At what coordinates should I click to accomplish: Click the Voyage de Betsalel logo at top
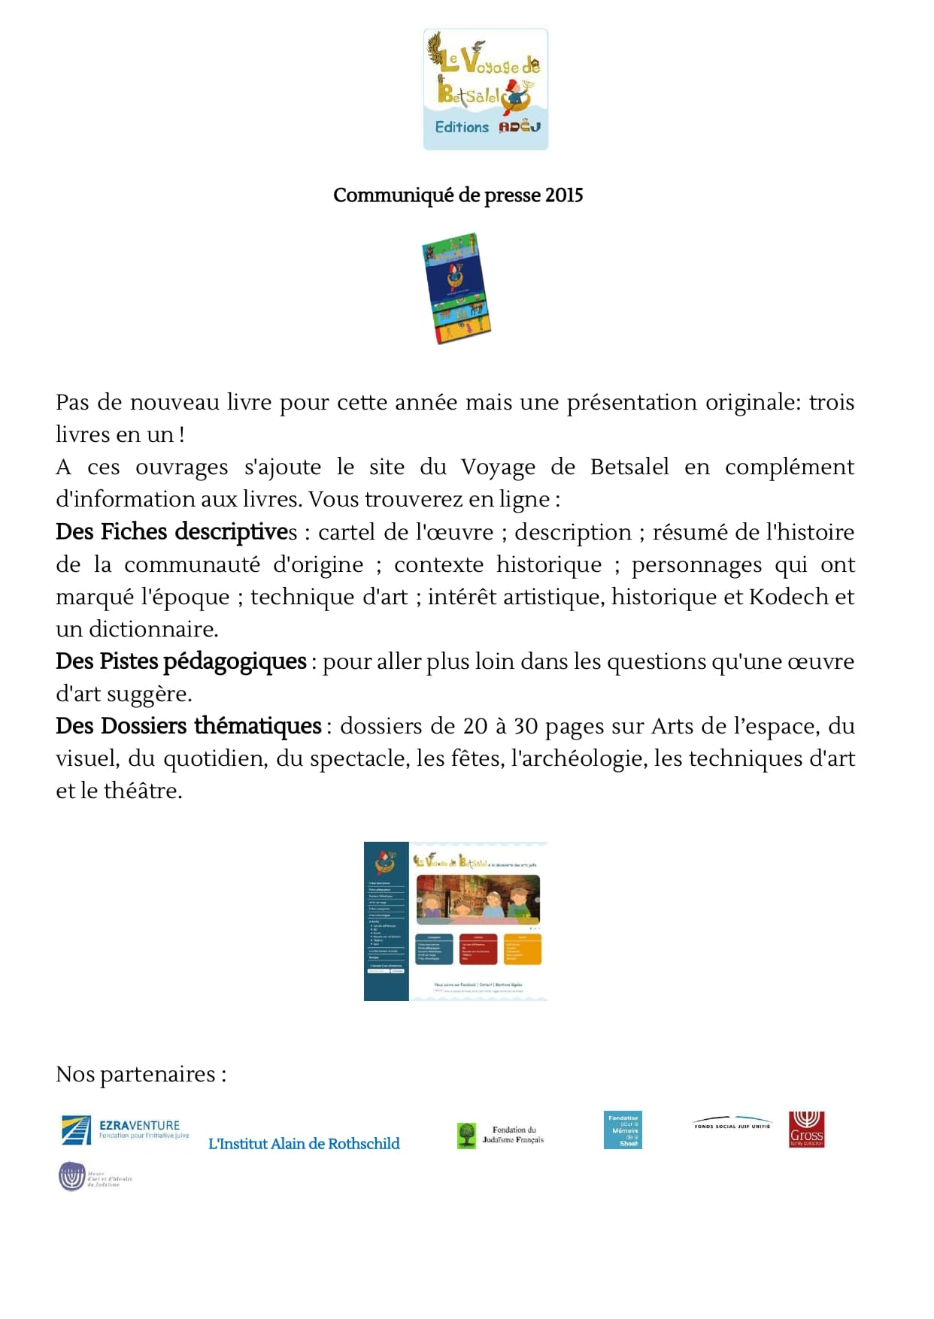(485, 89)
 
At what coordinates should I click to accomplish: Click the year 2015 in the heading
(564, 195)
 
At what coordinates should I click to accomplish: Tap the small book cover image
(456, 288)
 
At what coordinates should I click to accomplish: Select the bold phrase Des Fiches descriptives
(176, 532)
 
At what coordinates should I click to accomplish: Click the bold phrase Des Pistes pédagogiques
(180, 661)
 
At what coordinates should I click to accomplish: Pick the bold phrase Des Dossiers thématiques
(188, 726)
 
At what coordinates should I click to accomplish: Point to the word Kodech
(789, 597)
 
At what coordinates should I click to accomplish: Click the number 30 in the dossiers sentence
(526, 726)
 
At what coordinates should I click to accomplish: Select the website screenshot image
(456, 921)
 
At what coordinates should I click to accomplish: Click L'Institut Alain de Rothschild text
(304, 1144)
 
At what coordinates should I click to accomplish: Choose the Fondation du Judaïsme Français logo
(500, 1135)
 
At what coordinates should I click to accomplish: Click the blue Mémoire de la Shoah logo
(623, 1130)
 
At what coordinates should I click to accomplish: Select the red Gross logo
(806, 1130)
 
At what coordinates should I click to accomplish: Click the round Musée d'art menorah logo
(73, 1177)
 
